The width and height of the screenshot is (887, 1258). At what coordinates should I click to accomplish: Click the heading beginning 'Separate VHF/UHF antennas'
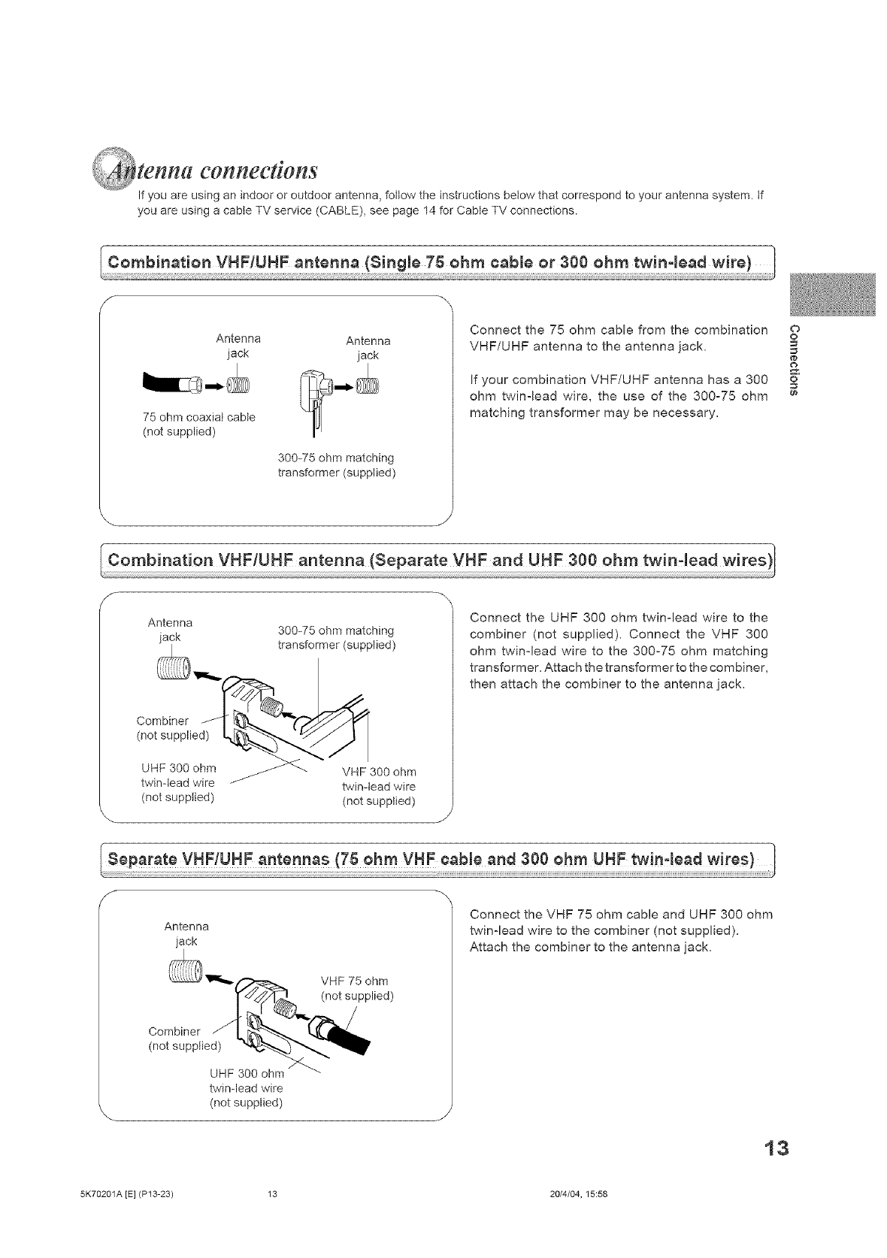tap(431, 859)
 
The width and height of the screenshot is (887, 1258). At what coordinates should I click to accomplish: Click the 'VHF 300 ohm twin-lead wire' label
tap(379, 786)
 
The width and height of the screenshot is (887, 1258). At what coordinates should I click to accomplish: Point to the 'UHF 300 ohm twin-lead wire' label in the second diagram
tap(179, 782)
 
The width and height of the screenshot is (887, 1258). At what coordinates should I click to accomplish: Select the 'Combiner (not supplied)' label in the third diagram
tap(185, 1038)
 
